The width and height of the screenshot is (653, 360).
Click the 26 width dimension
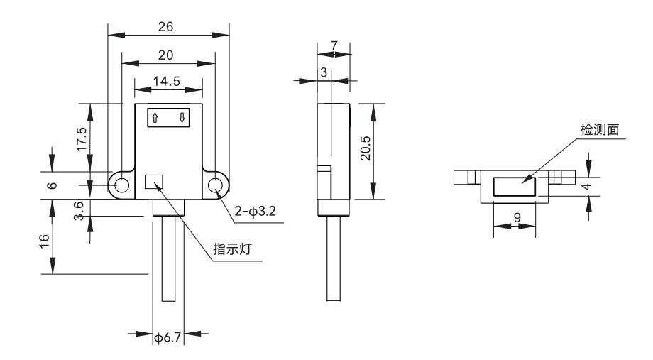[168, 27]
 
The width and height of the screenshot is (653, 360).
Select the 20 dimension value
[168, 55]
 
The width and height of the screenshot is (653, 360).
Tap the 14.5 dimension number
[168, 82]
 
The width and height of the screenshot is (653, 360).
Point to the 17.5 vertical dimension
[82, 140]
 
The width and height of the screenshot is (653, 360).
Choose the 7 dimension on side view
[334, 46]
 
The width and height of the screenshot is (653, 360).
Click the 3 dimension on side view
[324, 72]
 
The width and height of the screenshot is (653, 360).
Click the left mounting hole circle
[122, 185]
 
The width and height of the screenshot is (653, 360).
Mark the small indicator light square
[153, 182]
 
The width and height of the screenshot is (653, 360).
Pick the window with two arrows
[168, 118]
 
